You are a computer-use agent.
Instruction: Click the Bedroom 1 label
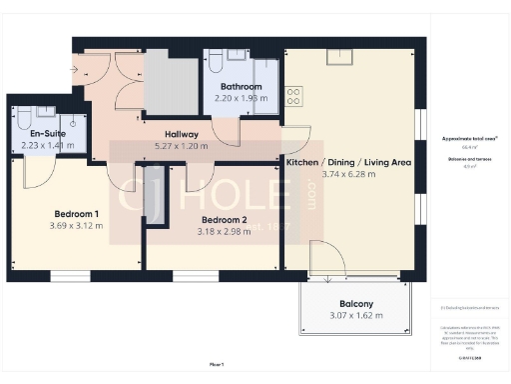tap(77, 213)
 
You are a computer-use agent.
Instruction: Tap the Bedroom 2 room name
tap(224, 220)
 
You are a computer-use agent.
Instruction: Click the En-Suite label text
tap(48, 133)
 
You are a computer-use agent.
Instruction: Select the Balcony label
tap(355, 304)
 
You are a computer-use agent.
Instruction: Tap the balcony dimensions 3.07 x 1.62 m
tap(355, 316)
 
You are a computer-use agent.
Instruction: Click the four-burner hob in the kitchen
tap(294, 97)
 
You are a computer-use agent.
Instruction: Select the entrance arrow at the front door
tap(78, 69)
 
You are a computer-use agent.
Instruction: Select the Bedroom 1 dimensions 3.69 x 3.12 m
tap(77, 225)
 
